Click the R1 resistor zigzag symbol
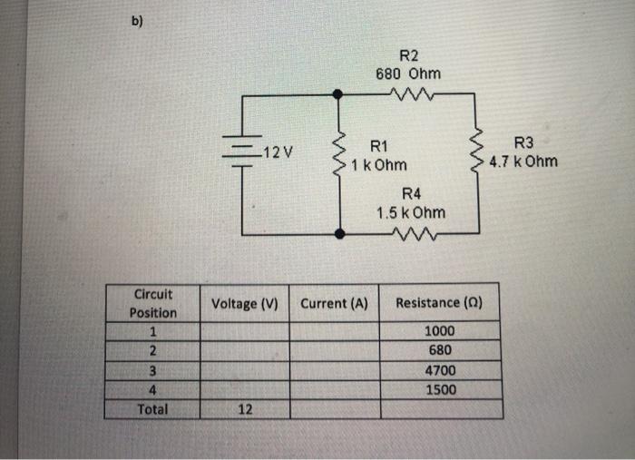[339, 154]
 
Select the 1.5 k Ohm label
[411, 212]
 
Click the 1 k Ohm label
[379, 165]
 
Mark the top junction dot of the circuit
[339, 93]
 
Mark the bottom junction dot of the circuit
[339, 233]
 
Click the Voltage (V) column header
[245, 303]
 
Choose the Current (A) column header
[333, 303]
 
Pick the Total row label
[152, 409]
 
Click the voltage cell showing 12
[245, 409]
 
